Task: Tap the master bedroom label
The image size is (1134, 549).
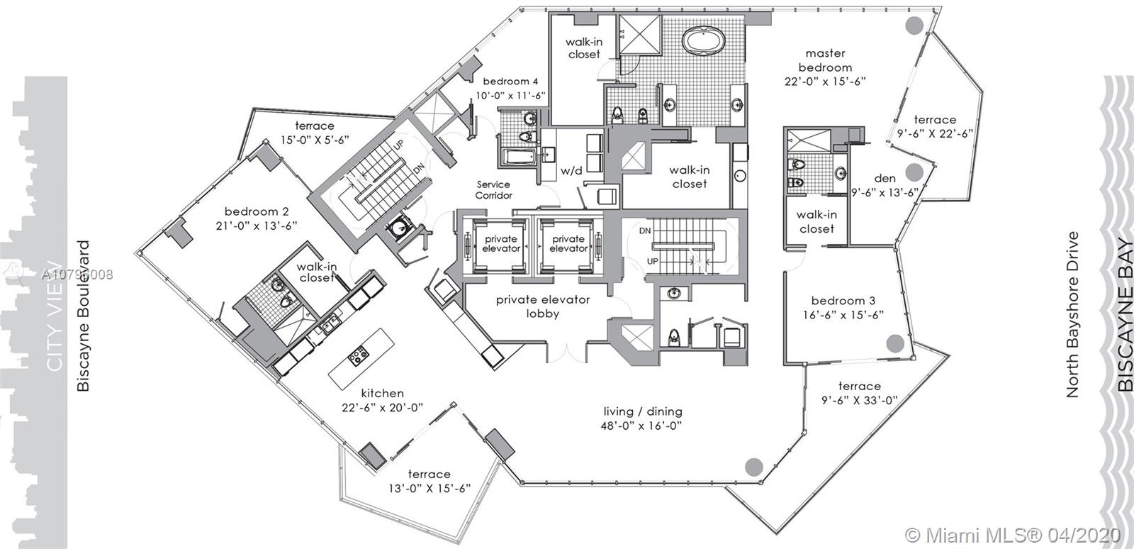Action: tap(826, 60)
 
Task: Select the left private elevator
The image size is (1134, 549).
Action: tap(501, 243)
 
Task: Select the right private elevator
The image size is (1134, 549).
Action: tap(568, 243)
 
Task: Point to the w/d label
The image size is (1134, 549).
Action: tap(571, 171)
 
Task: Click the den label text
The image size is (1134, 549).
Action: tap(885, 178)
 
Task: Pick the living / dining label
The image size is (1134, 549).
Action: tap(643, 411)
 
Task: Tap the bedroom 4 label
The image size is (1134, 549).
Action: tap(506, 81)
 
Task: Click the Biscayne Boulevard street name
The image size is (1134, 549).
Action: tap(84, 316)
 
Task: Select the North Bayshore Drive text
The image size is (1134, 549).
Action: tap(1072, 314)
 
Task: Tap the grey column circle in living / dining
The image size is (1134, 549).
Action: tap(754, 466)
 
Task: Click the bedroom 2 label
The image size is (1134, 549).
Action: tap(257, 211)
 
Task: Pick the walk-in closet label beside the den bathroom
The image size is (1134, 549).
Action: tap(816, 221)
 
